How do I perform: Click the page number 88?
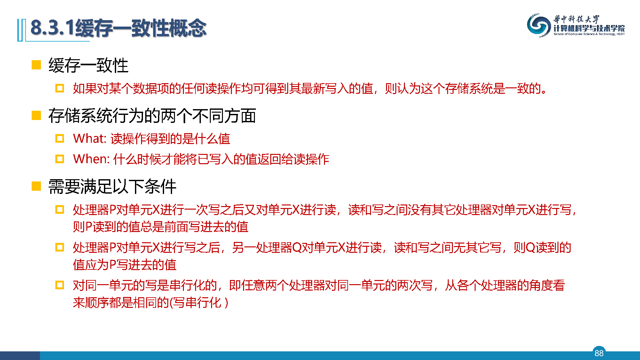(x=599, y=353)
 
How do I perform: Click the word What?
(x=89, y=139)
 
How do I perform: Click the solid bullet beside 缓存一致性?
(x=36, y=65)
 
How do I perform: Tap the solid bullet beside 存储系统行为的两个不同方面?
(x=36, y=116)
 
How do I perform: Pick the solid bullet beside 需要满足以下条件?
(x=36, y=186)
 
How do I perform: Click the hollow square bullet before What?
(x=59, y=139)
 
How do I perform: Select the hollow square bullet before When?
(x=59, y=159)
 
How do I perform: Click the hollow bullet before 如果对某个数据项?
(x=59, y=88)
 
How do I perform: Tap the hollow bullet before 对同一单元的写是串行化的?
(x=59, y=285)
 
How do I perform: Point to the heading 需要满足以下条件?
(x=112, y=186)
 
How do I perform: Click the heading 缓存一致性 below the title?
(x=88, y=65)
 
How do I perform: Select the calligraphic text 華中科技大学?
(x=576, y=19)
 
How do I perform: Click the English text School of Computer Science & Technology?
(x=589, y=34)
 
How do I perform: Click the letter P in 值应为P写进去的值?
(x=113, y=265)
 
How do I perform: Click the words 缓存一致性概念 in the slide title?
(x=141, y=28)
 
